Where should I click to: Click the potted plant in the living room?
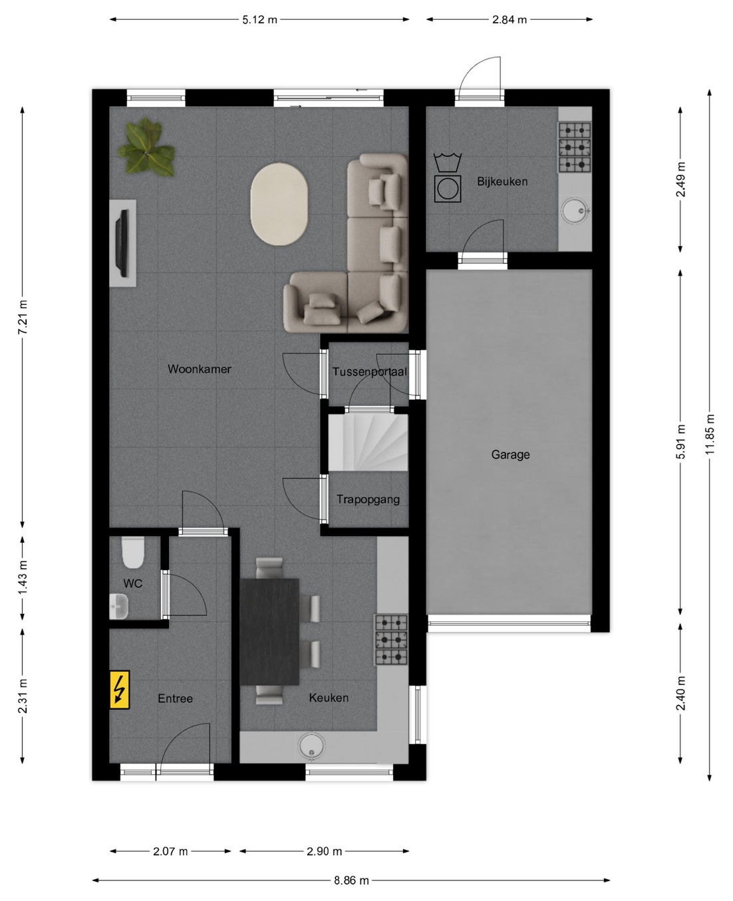tap(146, 147)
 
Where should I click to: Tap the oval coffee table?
tap(279, 204)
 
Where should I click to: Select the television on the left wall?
tap(124, 243)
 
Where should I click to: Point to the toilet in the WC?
tap(133, 552)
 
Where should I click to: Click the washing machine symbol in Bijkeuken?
tap(448, 177)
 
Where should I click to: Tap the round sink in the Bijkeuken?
tap(575, 210)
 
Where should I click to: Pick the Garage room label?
tap(510, 454)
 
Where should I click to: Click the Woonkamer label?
tap(200, 369)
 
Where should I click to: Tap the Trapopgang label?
tap(368, 499)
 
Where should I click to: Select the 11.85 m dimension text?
tap(710, 435)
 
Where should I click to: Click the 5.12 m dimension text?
tap(259, 20)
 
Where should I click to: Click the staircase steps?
tap(368, 442)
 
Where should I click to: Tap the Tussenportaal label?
tap(369, 372)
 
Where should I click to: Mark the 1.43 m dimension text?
tap(23, 578)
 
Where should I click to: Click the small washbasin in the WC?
tap(118, 606)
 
